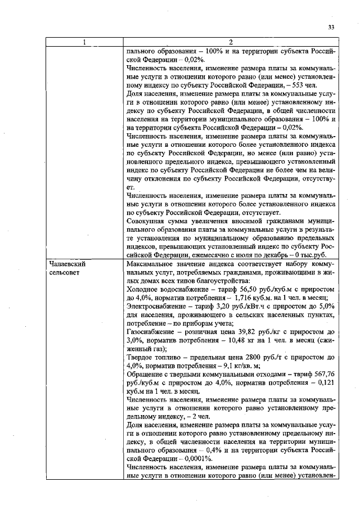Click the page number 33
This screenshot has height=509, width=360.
(331, 28)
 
